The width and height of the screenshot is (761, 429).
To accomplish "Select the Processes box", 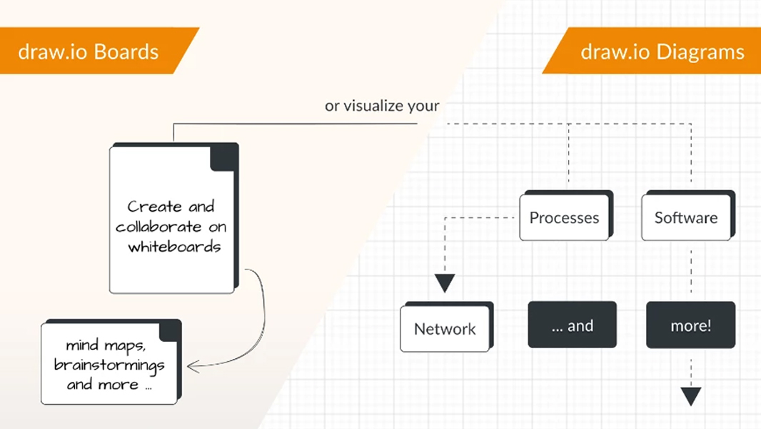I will [564, 217].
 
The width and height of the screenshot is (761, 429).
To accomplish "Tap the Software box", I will [685, 217].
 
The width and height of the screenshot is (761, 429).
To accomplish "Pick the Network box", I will [445, 329].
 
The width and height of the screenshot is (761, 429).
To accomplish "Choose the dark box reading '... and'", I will [572, 325].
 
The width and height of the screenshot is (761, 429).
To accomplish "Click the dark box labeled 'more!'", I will [690, 325].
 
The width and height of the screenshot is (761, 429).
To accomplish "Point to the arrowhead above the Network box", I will [445, 283].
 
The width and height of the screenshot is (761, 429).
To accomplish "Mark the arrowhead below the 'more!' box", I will [690, 396].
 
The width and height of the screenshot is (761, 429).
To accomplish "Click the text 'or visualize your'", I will [382, 106].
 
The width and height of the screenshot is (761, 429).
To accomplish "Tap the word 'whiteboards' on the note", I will [174, 247].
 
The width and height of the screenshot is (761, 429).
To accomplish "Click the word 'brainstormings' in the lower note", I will [109, 365].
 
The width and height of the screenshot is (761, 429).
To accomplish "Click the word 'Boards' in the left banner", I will [126, 51].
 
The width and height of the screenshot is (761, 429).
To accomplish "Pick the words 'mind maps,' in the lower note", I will [106, 345].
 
